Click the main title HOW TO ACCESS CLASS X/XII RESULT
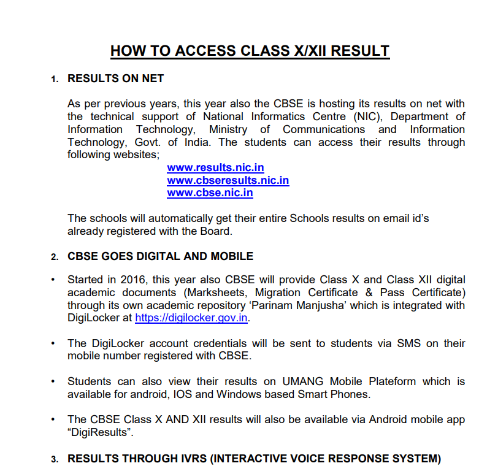[x=250, y=51]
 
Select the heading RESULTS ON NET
[x=115, y=78]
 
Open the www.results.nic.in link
[x=215, y=167]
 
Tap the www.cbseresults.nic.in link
[x=228, y=180]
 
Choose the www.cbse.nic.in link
[x=210, y=193]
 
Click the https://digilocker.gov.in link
[x=191, y=318]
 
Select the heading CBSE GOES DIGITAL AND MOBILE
[x=160, y=256]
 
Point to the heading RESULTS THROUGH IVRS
[x=254, y=459]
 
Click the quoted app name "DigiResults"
[x=100, y=432]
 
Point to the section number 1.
[x=55, y=79]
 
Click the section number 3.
[x=55, y=459]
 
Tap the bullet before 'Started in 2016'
[x=54, y=280]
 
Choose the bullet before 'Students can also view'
[x=54, y=381]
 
